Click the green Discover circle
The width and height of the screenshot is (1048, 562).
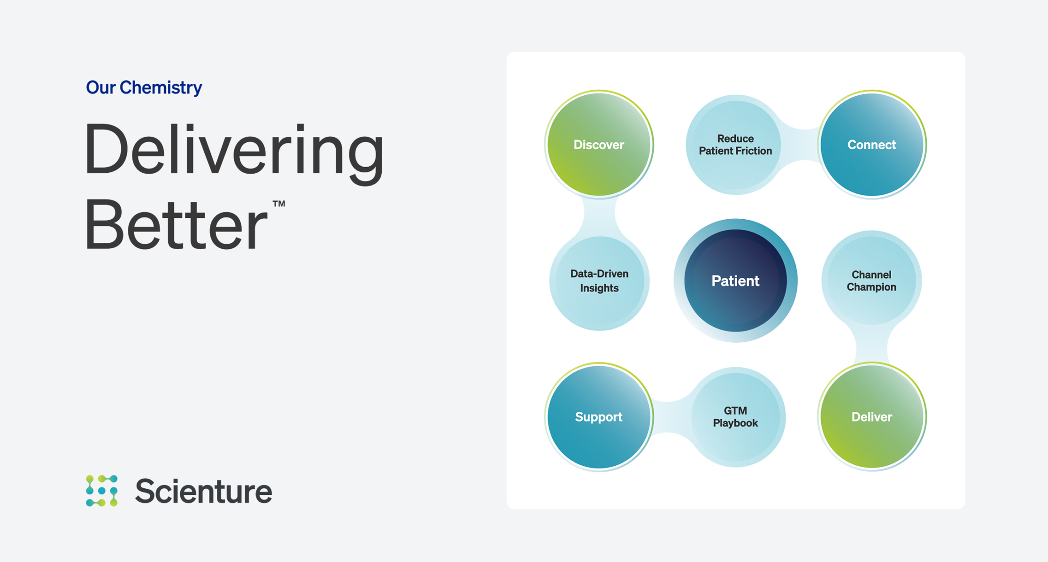[599, 145]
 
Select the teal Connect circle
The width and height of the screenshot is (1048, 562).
[871, 145]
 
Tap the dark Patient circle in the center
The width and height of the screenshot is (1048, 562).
[735, 281]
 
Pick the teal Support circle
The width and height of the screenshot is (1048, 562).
[599, 417]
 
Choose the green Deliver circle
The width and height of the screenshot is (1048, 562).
[871, 417]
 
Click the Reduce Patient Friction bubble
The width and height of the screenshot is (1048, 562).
[735, 145]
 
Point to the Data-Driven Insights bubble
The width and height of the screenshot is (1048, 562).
[599, 281]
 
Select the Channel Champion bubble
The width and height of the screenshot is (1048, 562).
[871, 281]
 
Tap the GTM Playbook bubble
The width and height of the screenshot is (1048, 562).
[735, 417]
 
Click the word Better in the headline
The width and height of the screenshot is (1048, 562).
[176, 225]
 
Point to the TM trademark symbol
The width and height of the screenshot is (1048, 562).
[279, 204]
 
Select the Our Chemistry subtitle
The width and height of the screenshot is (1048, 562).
[144, 88]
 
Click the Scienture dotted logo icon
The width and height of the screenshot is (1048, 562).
[102, 491]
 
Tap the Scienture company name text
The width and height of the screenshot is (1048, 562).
[203, 492]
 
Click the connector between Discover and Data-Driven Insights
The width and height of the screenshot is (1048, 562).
[599, 213]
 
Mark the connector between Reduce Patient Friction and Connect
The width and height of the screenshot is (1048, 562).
[803, 145]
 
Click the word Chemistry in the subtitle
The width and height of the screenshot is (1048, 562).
[161, 88]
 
